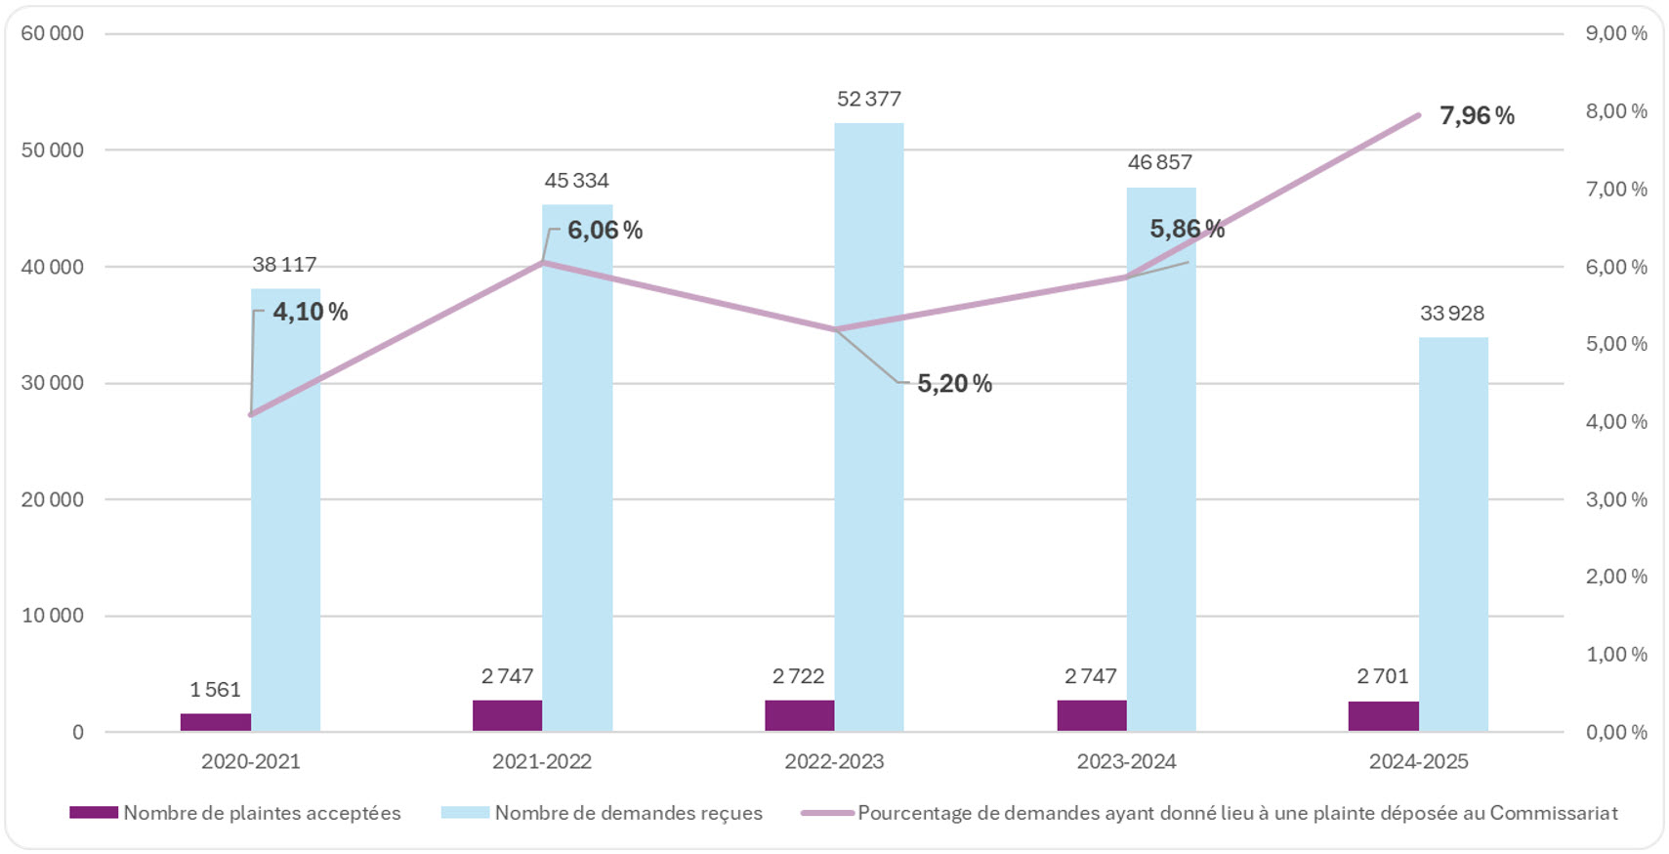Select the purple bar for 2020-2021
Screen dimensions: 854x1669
[216, 722]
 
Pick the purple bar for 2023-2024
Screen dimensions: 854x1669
[1091, 715]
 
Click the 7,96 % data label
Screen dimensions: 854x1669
[1476, 116]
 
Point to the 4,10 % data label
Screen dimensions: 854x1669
[310, 312]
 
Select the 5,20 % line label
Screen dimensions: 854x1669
[953, 384]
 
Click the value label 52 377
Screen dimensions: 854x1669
[868, 99]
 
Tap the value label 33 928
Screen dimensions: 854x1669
[1451, 314]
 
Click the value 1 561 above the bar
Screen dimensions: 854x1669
[215, 690]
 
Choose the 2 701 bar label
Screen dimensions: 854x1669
[1382, 676]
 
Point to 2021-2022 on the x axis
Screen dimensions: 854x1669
[542, 762]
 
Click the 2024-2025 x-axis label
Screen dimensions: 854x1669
[1418, 762]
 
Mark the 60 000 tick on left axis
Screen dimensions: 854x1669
[53, 33]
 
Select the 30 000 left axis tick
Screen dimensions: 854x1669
[53, 383]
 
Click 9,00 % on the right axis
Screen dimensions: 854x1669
[1615, 33]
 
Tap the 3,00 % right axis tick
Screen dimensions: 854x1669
[1615, 499]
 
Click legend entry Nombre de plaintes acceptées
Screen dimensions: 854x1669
[261, 813]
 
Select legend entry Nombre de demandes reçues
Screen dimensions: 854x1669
[628, 813]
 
